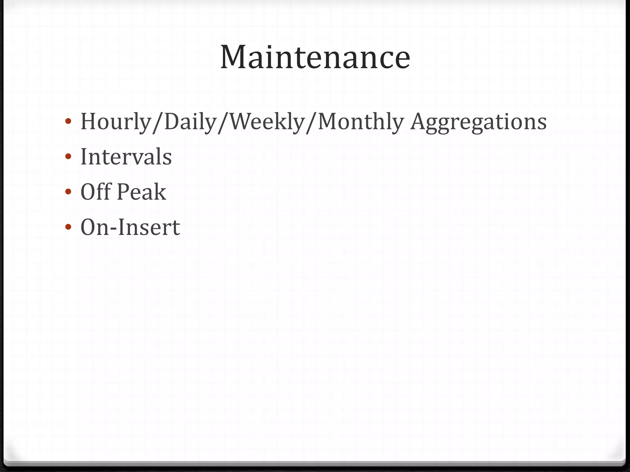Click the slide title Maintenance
pos(315,57)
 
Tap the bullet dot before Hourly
pos(68,121)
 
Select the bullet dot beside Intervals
pos(68,156)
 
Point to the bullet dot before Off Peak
pos(68,192)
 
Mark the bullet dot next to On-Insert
pos(68,227)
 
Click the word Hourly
pos(115,122)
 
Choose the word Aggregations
pos(479,122)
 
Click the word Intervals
pos(126,157)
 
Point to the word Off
pos(96,192)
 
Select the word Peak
pos(142,192)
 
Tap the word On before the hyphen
pos(94,227)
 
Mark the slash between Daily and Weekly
pos(223,122)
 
